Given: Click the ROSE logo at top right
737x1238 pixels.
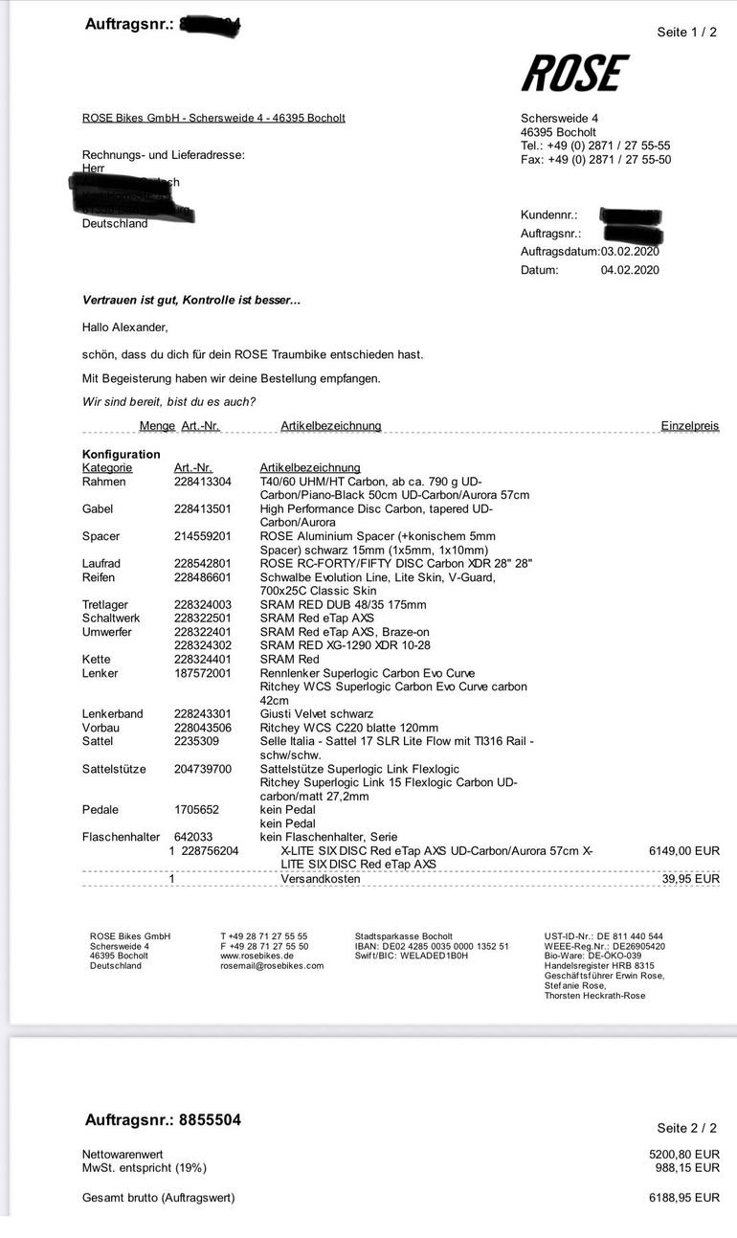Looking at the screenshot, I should coord(574,74).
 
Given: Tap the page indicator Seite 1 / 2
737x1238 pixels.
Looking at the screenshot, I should coord(686,32).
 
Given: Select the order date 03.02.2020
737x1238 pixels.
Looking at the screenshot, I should coord(630,251).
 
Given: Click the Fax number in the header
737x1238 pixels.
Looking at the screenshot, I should coord(595,160).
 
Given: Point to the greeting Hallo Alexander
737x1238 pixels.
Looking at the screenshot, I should coord(124,327).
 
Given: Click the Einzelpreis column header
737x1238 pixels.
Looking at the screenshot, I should coord(689,425).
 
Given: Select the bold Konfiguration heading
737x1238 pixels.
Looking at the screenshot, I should coord(122,454).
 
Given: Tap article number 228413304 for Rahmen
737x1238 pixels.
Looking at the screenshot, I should coord(203,482).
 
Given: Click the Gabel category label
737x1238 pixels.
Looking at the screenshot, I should coord(98,509).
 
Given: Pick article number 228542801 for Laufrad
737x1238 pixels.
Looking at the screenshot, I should coord(203,564).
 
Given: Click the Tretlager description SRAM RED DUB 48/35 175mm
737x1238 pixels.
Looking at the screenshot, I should coord(343,605).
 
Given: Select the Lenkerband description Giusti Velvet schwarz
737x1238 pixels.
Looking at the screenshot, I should coord(317,714).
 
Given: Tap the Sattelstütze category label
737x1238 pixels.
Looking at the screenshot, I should coord(114,769).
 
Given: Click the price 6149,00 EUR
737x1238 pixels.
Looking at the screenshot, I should coord(683,850).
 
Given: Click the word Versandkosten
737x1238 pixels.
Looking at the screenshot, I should coord(320,878).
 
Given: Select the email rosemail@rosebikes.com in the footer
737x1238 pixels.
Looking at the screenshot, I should coord(272,966).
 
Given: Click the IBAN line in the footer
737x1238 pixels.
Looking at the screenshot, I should coord(432,946).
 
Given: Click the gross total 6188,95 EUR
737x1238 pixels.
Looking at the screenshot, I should coord(683,1198).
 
